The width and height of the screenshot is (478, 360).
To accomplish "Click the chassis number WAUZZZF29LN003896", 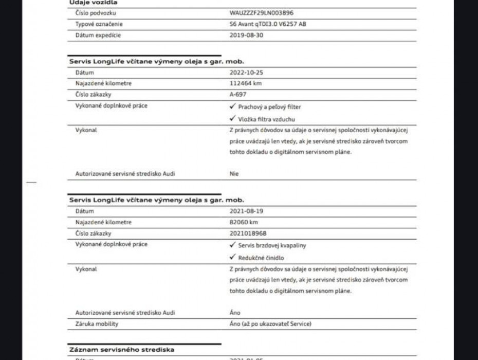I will tap(261, 13).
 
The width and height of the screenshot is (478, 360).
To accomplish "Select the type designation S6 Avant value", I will tap(267, 24).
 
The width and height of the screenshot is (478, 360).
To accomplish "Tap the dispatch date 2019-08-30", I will tap(247, 35).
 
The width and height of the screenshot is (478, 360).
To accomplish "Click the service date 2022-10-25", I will tap(247, 73).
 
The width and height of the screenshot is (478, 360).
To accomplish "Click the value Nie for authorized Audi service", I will tap(234, 174).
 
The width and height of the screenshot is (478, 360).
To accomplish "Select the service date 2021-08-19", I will tap(247, 211).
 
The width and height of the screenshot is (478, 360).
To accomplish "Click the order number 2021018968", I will tap(248, 233).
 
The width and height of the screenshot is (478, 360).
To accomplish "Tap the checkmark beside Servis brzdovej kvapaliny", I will tap(233, 245).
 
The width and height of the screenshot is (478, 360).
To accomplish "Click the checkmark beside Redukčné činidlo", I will tap(233, 257).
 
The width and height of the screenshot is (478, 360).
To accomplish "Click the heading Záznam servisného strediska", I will tap(121, 350).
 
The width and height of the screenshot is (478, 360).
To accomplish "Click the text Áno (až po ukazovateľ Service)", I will tap(270, 323).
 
